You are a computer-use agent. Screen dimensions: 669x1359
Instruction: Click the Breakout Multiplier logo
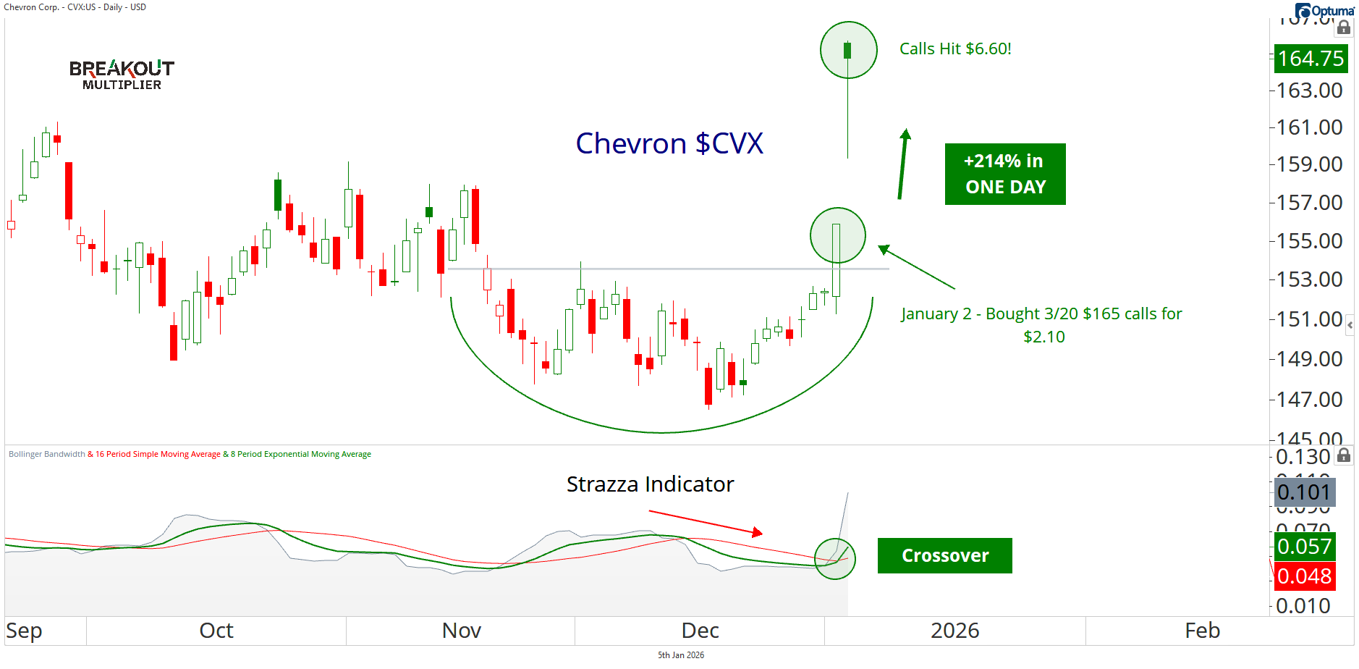(122, 75)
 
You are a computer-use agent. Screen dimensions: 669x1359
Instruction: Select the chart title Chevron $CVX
(669, 143)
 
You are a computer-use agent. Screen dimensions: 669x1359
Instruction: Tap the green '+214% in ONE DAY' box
(1004, 174)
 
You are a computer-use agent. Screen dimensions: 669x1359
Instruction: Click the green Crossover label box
(944, 555)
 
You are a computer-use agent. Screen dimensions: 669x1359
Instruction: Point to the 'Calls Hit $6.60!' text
(955, 49)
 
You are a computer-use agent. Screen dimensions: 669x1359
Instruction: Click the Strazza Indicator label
(650, 484)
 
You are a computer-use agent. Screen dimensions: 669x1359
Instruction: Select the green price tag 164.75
(1310, 58)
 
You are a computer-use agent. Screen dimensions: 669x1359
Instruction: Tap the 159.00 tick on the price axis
(1309, 164)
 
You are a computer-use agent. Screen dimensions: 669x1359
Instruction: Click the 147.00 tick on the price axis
(1309, 399)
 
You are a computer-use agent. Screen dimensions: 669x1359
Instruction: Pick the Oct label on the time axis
(216, 631)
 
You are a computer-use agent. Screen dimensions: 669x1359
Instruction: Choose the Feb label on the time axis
(1202, 631)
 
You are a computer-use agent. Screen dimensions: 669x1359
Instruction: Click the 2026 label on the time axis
(954, 631)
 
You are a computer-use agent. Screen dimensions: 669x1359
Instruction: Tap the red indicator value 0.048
(1304, 576)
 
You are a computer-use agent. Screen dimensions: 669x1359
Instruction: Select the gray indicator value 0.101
(1304, 492)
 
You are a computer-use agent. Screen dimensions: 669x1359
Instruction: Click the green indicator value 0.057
(1304, 547)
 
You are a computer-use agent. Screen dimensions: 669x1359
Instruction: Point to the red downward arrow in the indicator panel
(706, 523)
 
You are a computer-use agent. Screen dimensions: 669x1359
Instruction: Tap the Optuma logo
(1324, 11)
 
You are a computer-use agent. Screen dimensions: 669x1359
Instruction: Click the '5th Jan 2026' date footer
(680, 655)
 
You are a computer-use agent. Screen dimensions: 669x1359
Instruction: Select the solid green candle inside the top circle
(847, 50)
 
